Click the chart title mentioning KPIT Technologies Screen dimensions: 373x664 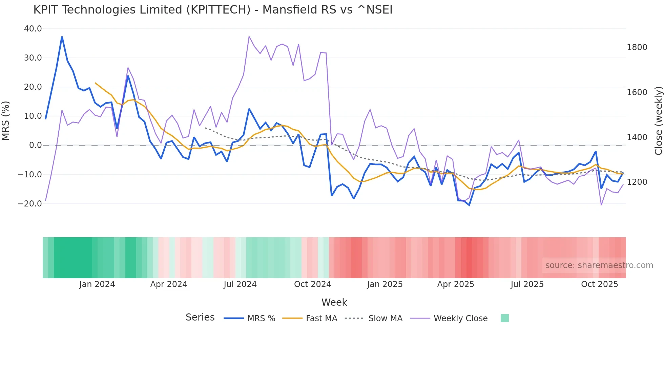click(x=213, y=10)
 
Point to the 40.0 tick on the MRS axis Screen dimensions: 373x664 click(x=33, y=29)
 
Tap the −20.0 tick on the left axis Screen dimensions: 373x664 click(x=30, y=204)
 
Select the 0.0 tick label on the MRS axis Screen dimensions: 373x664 click(x=36, y=145)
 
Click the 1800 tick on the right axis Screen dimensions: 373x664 click(x=637, y=47)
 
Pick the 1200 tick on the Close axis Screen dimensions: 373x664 click(x=637, y=182)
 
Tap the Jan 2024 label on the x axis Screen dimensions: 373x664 click(x=97, y=284)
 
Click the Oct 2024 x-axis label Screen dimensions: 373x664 click(x=312, y=284)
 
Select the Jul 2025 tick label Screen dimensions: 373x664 click(x=527, y=284)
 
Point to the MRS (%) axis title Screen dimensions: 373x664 click(x=6, y=121)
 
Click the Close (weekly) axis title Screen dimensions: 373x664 click(x=658, y=121)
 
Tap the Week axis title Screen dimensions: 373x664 click(x=334, y=302)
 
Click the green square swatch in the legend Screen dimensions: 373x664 click(x=504, y=318)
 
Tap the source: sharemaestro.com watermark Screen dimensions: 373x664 click(x=599, y=265)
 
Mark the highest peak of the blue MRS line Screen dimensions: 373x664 click(x=62, y=37)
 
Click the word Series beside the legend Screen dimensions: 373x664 click(x=200, y=317)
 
